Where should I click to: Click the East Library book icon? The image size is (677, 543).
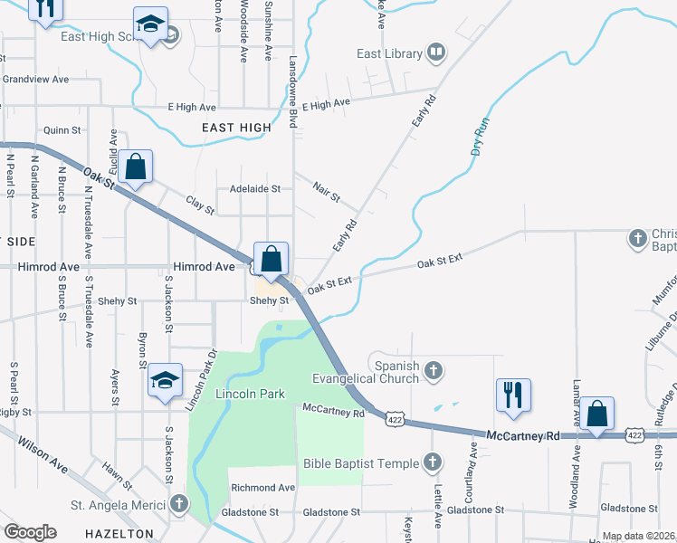tap(436, 53)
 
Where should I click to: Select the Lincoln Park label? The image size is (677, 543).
tap(250, 394)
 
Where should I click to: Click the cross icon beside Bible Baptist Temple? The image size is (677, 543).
tap(433, 463)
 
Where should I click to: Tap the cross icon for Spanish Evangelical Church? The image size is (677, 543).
tap(434, 369)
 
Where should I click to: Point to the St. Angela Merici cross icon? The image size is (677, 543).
tap(179, 504)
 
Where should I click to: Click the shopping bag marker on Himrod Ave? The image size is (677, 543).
tap(271, 260)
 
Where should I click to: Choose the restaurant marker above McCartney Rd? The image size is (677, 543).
tap(513, 395)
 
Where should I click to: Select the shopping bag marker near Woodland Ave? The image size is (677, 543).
tap(597, 414)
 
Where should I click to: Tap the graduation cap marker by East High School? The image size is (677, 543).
tap(150, 24)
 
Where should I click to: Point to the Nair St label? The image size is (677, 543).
tap(326, 192)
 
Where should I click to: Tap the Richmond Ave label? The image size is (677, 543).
tap(263, 488)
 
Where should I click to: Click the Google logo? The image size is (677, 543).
tap(30, 531)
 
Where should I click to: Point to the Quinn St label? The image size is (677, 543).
tap(62, 130)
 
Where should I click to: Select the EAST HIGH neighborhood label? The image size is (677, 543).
tap(236, 128)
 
